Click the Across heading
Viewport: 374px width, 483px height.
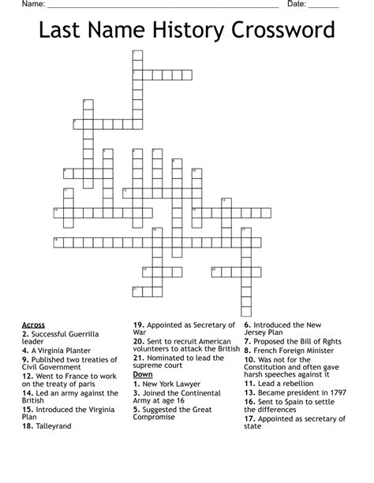coord(34,325)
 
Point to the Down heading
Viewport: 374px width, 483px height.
coord(143,373)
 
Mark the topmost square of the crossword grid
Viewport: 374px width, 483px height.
coord(137,55)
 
